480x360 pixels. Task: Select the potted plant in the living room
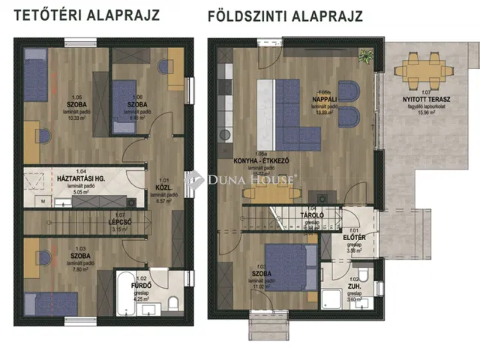pos(364,55)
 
